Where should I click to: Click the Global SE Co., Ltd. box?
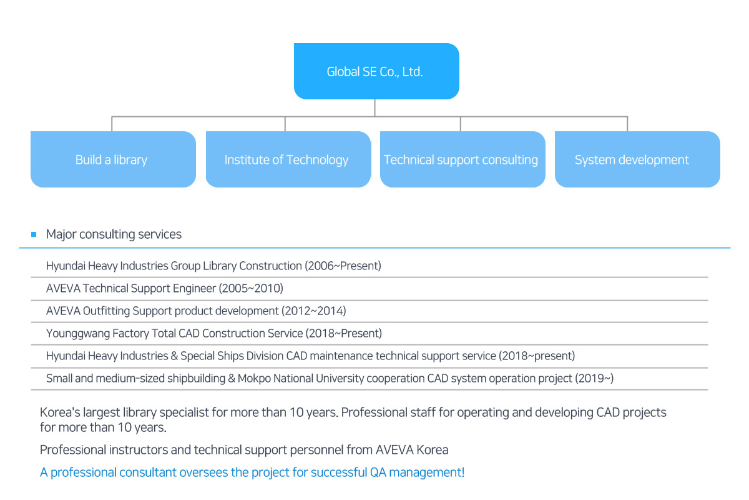click(376, 71)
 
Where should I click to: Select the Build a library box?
click(113, 159)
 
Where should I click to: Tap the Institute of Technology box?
click(288, 159)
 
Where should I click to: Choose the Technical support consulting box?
click(463, 159)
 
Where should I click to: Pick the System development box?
click(637, 159)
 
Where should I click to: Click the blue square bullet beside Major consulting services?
click(34, 234)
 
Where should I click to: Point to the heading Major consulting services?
click(114, 234)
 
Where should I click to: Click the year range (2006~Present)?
click(343, 266)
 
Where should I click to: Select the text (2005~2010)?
click(251, 288)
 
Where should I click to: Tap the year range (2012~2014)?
click(313, 311)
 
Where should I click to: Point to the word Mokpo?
click(254, 378)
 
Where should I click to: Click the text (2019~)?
click(594, 378)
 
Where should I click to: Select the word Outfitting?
click(106, 311)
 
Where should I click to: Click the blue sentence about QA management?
click(252, 472)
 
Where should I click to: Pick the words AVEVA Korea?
click(412, 450)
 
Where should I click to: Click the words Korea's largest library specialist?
click(124, 412)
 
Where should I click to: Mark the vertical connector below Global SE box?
click(375, 108)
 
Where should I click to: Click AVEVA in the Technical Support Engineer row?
click(63, 288)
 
